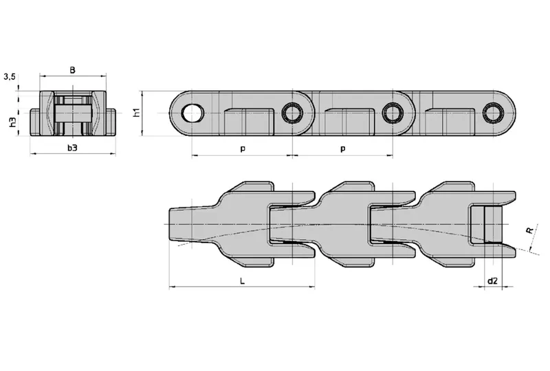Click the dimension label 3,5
click(10, 77)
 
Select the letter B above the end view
click(72, 69)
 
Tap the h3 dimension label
click(12, 122)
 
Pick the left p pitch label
click(241, 148)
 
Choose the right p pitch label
click(342, 148)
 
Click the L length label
click(241, 281)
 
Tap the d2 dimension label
click(492, 281)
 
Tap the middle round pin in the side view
click(393, 113)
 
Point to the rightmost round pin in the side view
click(492, 113)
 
